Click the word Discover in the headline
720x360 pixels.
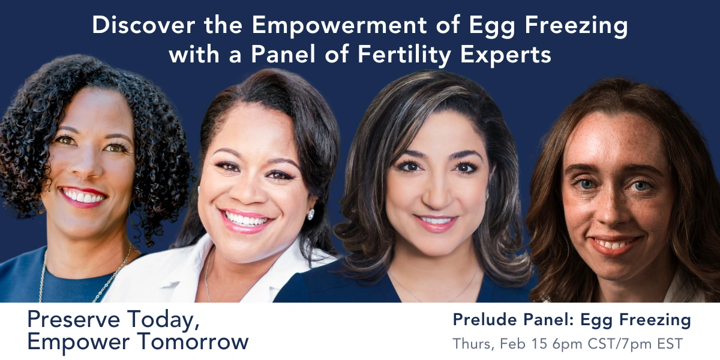click(x=143, y=25)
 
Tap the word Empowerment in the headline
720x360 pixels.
click(x=340, y=25)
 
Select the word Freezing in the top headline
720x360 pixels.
click(x=577, y=26)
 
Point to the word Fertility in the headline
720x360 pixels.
click(x=404, y=55)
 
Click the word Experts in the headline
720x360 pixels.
click(x=506, y=55)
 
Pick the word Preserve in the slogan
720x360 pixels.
click(x=74, y=319)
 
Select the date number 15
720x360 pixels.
click(x=539, y=344)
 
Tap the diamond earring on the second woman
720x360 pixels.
click(x=311, y=214)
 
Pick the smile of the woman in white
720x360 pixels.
click(x=245, y=221)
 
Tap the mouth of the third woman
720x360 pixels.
click(x=436, y=223)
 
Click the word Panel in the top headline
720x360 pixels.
click(x=283, y=55)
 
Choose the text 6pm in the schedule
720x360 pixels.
click(x=568, y=344)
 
